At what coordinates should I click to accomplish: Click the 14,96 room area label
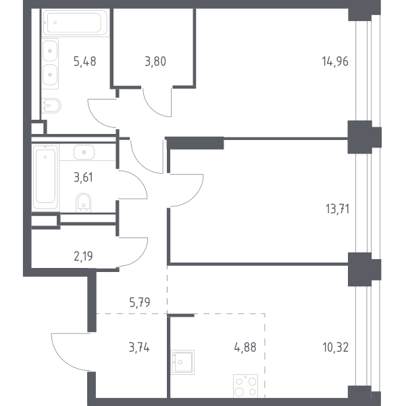335,62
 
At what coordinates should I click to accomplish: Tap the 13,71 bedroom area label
338,209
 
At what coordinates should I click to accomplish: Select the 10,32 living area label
336,348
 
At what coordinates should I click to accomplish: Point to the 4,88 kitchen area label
245,348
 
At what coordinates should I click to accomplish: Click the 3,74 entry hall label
139,348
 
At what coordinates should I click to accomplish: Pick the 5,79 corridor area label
140,302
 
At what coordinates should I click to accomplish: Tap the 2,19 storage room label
83,256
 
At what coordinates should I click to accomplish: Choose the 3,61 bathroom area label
83,177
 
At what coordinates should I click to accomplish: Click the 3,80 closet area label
155,62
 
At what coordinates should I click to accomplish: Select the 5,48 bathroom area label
84,62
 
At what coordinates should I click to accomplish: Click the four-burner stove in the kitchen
245,386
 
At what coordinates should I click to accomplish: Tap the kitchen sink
182,362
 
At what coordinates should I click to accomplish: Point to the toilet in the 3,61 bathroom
84,202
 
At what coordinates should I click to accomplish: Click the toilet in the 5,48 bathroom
51,106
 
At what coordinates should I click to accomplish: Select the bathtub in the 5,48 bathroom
75,23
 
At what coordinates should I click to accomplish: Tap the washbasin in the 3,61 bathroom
84,152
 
